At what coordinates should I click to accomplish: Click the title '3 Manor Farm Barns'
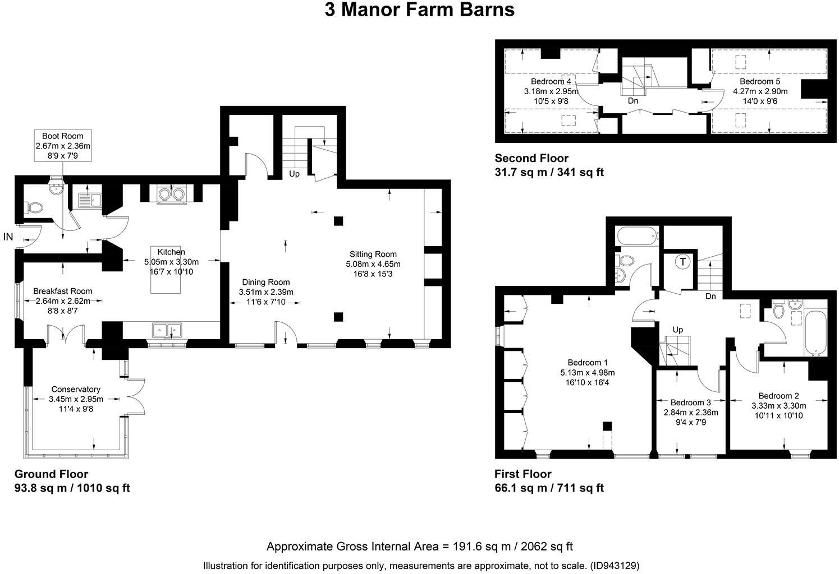420,10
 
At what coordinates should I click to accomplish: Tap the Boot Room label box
62,146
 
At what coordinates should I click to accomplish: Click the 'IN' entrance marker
8,237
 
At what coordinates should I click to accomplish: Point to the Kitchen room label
171,252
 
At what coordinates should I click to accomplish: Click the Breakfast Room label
62,291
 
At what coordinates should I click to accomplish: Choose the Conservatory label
76,389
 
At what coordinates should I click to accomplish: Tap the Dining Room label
266,282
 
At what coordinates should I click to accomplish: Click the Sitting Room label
373,254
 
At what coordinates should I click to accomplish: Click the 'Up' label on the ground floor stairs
295,174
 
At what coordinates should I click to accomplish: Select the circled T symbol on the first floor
683,262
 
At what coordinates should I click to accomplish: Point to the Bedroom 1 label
588,362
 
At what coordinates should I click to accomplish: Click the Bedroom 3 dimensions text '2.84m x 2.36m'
691,413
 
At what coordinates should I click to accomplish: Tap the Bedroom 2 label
779,396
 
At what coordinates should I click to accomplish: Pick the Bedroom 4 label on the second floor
551,81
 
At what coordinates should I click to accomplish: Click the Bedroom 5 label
760,81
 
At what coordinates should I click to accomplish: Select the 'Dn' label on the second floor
633,101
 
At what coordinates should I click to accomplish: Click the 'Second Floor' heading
531,158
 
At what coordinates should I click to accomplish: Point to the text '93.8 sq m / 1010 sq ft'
72,488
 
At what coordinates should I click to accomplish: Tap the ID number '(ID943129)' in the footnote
615,566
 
